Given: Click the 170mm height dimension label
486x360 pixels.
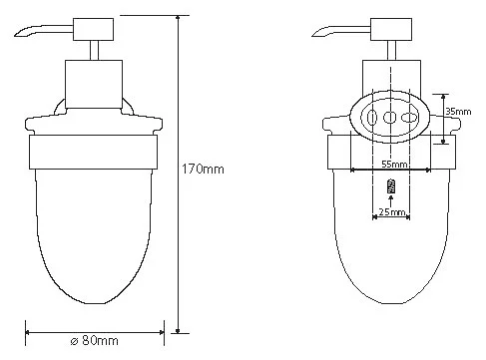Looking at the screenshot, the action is coord(203,169).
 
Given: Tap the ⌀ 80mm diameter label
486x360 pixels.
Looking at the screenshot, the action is coord(95,340).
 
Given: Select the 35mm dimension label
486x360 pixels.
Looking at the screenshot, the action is coord(458,112).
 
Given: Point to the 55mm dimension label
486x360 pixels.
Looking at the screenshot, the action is coord(394,164).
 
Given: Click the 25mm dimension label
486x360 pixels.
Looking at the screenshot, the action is coord(392,211).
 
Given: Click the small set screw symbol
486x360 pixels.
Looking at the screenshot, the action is coord(391,186).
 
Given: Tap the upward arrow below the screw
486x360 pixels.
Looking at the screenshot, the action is coord(391,201).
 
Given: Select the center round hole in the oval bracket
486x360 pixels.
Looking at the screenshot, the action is coord(390,117).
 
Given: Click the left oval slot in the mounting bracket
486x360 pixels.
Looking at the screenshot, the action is coord(372,118).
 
